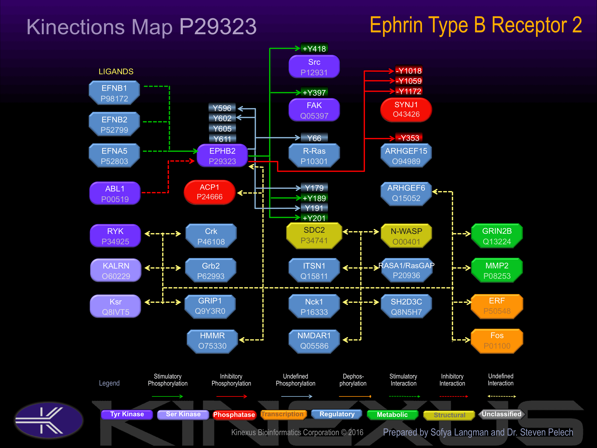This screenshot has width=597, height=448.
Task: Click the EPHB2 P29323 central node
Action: [222, 156]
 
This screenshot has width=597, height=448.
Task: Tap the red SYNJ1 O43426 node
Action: [406, 109]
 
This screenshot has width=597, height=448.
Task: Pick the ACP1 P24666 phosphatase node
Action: [209, 192]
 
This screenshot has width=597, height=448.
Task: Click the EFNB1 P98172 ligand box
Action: [114, 93]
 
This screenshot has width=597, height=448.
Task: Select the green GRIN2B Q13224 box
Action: [497, 236]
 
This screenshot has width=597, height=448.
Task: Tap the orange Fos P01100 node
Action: [497, 341]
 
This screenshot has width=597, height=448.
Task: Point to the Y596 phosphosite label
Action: [222, 108]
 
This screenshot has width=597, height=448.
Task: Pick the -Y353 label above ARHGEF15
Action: [409, 138]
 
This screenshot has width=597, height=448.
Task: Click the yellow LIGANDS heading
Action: [116, 72]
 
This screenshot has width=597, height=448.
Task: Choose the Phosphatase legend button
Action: [234, 415]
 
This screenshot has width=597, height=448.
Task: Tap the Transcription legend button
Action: [282, 414]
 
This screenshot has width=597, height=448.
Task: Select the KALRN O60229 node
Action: [116, 271]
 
